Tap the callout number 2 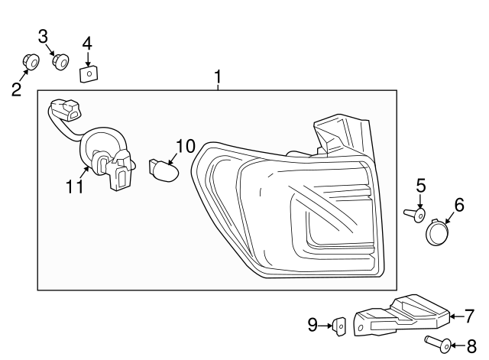[16, 89]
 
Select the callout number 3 [44, 35]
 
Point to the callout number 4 [87, 43]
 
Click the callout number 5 [420, 185]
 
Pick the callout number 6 [459, 204]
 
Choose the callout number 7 [470, 314]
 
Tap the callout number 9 [313, 326]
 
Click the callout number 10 [186, 146]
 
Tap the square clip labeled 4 [89, 73]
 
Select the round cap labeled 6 [438, 232]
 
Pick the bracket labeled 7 [405, 314]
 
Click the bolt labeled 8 [435, 343]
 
